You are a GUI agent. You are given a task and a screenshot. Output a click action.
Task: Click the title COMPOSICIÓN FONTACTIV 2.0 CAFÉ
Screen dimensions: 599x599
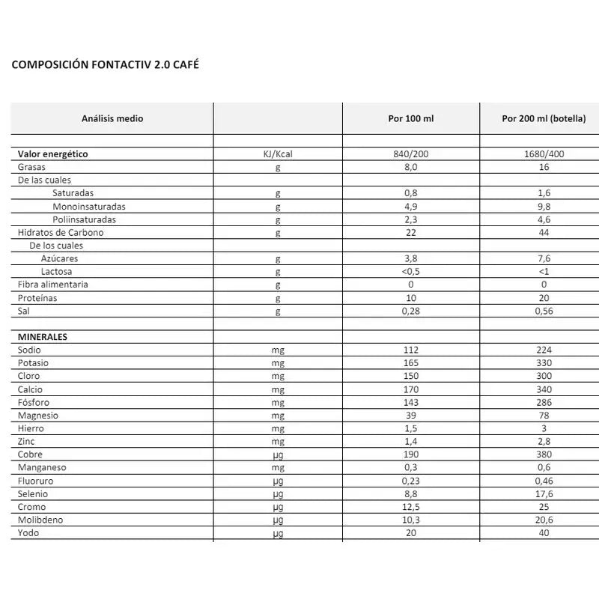(x=106, y=65)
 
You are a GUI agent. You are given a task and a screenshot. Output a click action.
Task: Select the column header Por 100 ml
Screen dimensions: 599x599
(x=410, y=118)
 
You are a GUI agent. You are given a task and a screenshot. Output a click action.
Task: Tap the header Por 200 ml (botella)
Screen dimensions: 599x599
(x=544, y=118)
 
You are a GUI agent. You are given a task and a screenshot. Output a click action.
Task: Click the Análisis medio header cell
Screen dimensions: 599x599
(x=112, y=118)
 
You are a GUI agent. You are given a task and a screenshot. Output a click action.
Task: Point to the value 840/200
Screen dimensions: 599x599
(x=410, y=154)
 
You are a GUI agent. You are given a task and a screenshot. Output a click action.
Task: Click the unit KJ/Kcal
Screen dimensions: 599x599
(x=277, y=154)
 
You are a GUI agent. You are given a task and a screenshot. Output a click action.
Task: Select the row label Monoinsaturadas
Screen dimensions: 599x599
(x=89, y=206)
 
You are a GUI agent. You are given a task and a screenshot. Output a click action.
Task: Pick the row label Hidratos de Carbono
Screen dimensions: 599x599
(x=61, y=232)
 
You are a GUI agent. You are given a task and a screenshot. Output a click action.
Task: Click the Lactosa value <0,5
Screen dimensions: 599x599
(x=410, y=271)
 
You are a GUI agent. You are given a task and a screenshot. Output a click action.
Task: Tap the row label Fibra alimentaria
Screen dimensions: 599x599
(x=53, y=285)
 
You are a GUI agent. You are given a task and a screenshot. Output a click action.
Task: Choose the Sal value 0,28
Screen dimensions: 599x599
(x=410, y=311)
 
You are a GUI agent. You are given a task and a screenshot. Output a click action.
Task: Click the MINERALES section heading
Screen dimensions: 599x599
(x=43, y=337)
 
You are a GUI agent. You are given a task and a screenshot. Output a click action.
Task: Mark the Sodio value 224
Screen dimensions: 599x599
(x=544, y=350)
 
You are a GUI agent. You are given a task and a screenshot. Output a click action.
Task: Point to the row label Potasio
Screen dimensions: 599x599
(x=34, y=363)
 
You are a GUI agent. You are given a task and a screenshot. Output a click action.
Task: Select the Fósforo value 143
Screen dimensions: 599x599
(x=410, y=402)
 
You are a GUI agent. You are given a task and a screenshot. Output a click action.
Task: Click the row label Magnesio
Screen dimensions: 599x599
(x=38, y=416)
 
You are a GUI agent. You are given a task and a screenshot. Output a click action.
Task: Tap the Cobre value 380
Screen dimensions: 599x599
(x=544, y=454)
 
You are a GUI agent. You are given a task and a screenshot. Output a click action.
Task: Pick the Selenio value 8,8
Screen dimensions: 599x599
(x=410, y=493)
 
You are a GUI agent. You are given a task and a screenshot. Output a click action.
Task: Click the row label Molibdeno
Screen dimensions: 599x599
(x=40, y=520)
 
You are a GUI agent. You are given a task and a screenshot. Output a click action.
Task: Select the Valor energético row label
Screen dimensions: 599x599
(x=53, y=154)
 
